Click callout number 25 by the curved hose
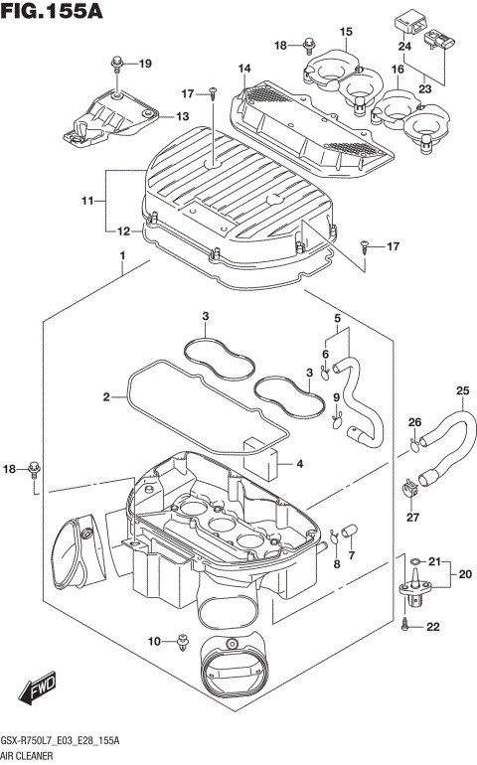pyautogui.click(x=462, y=389)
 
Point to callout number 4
pyautogui.click(x=302, y=463)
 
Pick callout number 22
pyautogui.click(x=432, y=625)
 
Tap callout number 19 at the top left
pyautogui.click(x=145, y=65)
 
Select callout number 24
pyautogui.click(x=404, y=47)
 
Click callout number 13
pyautogui.click(x=181, y=116)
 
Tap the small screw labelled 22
pyautogui.click(x=406, y=626)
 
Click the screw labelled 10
pyautogui.click(x=183, y=642)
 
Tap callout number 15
pyautogui.click(x=345, y=32)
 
